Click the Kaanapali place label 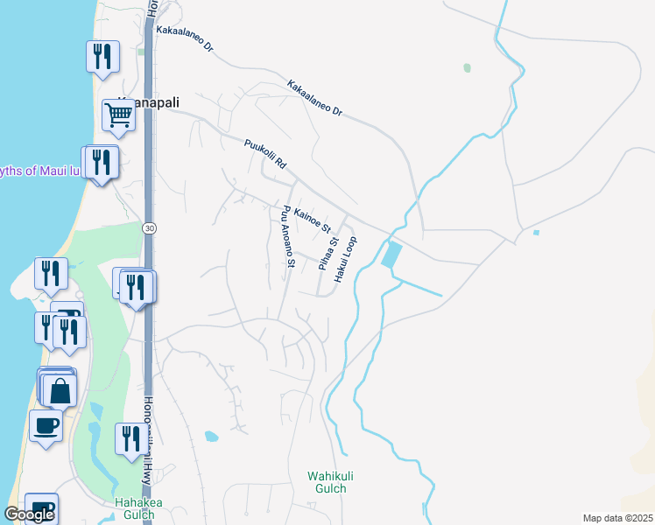click(x=149, y=102)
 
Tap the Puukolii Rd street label click(x=265, y=152)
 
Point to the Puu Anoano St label click(x=286, y=236)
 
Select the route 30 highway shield click(x=150, y=228)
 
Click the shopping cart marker click(x=117, y=113)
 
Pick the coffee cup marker click(x=46, y=425)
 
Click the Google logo click(x=29, y=514)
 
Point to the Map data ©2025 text click(x=617, y=518)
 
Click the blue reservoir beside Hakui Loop click(x=392, y=255)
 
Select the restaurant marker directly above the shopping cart click(x=103, y=57)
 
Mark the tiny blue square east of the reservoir click(x=535, y=233)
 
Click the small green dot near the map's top click(x=467, y=67)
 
